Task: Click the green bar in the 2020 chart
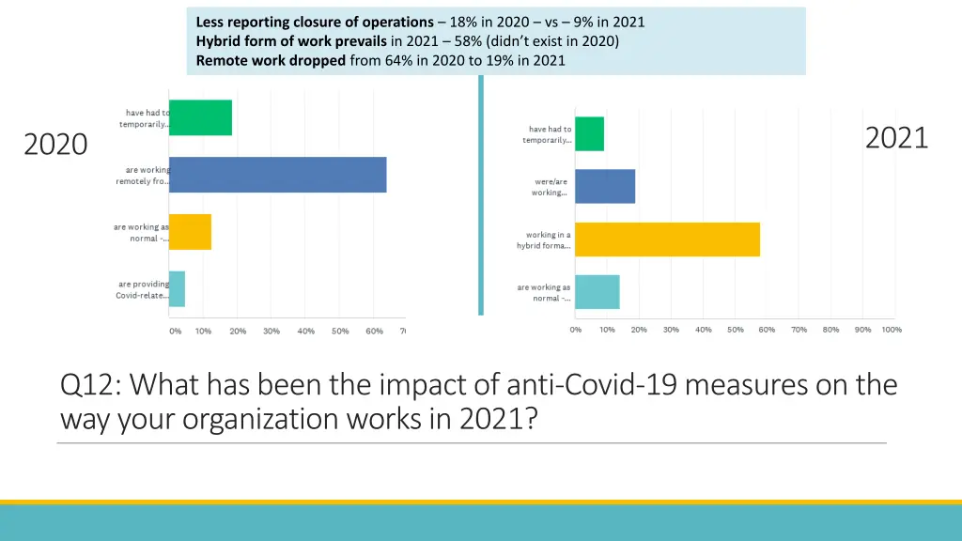(201, 117)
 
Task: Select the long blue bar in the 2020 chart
(278, 175)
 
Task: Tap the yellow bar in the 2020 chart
(191, 232)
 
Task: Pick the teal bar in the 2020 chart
(178, 288)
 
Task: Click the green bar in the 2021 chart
(590, 134)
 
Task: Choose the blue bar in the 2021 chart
(605, 186)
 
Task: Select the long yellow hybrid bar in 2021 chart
(667, 240)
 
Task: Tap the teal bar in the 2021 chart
(597, 292)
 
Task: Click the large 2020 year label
(55, 145)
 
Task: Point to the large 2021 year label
(896, 138)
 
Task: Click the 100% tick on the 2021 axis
(892, 330)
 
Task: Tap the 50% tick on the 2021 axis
(735, 330)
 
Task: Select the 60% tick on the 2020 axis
(374, 331)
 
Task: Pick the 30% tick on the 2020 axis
(272, 331)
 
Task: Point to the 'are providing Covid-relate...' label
(144, 289)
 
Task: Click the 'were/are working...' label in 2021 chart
(549, 187)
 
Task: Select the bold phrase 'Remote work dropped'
(271, 61)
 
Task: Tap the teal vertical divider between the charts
(481, 197)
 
